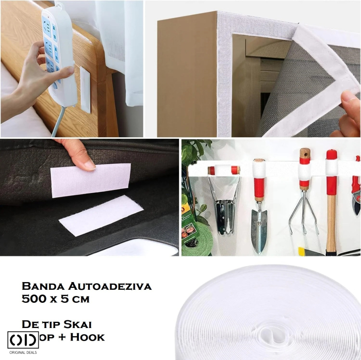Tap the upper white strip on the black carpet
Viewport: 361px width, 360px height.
coord(90,179)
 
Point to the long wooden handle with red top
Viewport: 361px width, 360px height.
coord(331,217)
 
